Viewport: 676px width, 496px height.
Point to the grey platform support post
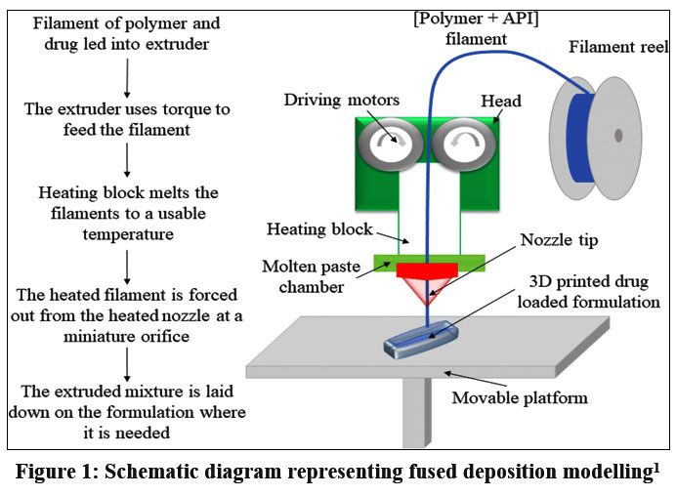417,410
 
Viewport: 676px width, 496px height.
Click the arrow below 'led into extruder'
128,67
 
